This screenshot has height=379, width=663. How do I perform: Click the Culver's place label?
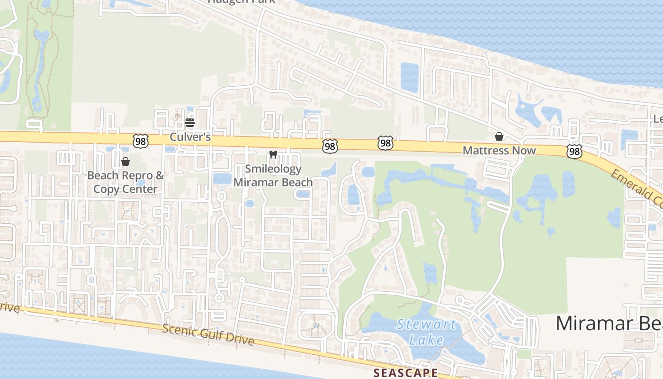click(190, 137)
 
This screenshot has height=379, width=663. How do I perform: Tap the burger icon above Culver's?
click(190, 123)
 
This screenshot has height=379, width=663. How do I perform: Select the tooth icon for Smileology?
click(273, 154)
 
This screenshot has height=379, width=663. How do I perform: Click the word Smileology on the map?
click(273, 169)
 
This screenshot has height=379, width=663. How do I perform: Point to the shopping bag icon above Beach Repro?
click(125, 162)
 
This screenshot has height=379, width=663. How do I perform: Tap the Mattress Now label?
click(499, 151)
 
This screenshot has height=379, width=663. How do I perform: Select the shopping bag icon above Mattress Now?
click(499, 137)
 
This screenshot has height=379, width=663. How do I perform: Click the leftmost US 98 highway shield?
click(141, 141)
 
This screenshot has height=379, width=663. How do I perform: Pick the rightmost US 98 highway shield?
click(574, 151)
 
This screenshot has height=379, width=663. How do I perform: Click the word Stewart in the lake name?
click(427, 325)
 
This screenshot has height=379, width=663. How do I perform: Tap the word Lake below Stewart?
click(427, 340)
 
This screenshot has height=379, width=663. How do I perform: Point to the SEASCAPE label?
click(405, 373)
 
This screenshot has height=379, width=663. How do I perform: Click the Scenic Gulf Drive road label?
click(208, 335)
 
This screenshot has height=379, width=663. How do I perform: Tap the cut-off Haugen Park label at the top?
click(242, 2)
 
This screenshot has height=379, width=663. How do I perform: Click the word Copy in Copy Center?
click(105, 189)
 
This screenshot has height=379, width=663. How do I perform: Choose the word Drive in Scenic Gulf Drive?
click(240, 340)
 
